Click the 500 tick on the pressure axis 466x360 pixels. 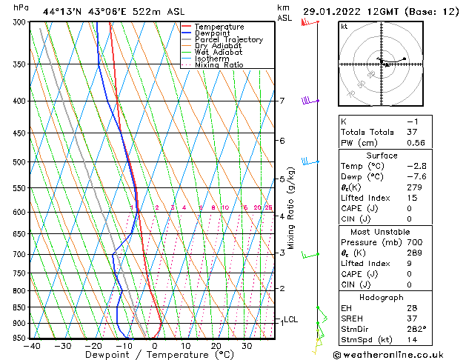[19, 161]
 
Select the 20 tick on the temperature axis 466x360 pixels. [216, 345]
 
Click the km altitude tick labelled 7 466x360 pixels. [282, 101]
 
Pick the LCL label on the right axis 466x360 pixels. [291, 319]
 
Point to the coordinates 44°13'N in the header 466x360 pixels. [64, 11]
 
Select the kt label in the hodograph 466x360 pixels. [344, 27]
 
